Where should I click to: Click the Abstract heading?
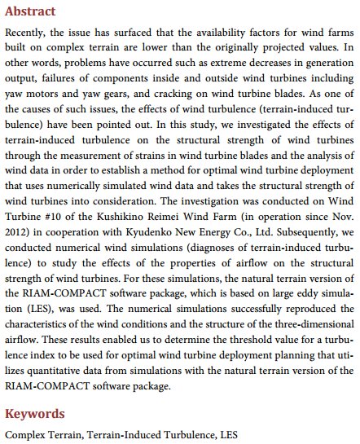[30, 12]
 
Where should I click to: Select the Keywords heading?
[34, 414]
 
